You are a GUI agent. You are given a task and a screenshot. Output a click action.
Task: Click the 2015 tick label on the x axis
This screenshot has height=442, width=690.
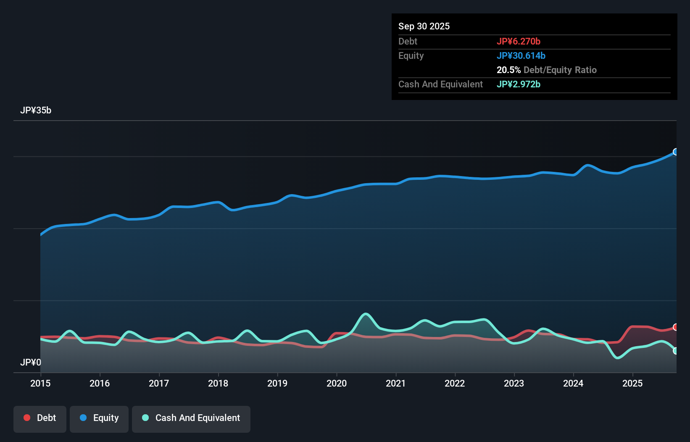tap(40, 383)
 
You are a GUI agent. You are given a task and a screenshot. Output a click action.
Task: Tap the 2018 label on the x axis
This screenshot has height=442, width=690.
tap(218, 383)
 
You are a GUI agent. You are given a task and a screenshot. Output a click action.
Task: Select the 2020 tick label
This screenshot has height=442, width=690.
tap(337, 383)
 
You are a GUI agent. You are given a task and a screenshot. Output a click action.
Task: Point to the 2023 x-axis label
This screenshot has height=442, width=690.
tap(514, 383)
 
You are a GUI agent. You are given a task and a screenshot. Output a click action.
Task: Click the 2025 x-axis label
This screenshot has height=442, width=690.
tap(632, 383)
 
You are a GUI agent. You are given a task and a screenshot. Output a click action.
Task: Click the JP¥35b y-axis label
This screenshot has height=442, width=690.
tap(36, 110)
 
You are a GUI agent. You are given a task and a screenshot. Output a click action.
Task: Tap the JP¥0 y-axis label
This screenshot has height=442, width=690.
tap(31, 362)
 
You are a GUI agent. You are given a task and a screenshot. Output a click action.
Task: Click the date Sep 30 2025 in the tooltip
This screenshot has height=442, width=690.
tap(424, 26)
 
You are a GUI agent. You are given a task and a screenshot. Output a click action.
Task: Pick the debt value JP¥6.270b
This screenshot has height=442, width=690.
tap(518, 41)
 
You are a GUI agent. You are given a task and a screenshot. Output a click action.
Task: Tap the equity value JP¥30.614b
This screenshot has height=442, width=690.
tap(521, 55)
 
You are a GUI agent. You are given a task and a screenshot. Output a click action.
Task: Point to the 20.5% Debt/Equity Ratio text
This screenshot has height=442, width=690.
tap(546, 70)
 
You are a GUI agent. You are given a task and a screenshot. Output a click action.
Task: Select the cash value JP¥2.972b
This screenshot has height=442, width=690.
tap(518, 84)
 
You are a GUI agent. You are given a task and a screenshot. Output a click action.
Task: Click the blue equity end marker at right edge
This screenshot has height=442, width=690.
tap(676, 152)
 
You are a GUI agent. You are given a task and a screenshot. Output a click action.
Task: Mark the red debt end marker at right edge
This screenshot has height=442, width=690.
tap(676, 327)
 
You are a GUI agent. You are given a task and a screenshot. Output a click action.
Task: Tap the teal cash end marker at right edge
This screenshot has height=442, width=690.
tap(676, 351)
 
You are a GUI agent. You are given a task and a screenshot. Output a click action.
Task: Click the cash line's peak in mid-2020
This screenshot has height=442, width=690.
tap(366, 314)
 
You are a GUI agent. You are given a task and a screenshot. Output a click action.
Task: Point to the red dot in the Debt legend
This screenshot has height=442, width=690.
tap(27, 418)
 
